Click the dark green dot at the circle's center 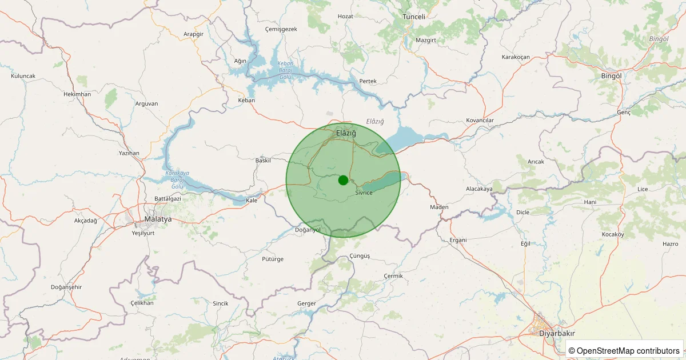pyautogui.click(x=343, y=180)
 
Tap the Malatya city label pyautogui.click(x=158, y=219)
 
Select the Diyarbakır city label pyautogui.click(x=557, y=334)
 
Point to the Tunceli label pyautogui.click(x=414, y=17)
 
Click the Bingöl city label pyautogui.click(x=611, y=75)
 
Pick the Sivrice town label pyautogui.click(x=364, y=193)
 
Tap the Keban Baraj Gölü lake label pyautogui.click(x=285, y=70)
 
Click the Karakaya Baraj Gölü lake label pyautogui.click(x=177, y=179)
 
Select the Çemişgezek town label pyautogui.click(x=281, y=29)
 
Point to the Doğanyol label pyautogui.click(x=308, y=230)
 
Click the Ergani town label pyautogui.click(x=458, y=239)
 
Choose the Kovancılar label pyautogui.click(x=480, y=121)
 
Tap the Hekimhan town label pyautogui.click(x=77, y=94)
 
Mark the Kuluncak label pyautogui.click(x=23, y=76)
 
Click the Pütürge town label pyautogui.click(x=272, y=259)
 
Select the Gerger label pyautogui.click(x=307, y=303)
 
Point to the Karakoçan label pyautogui.click(x=516, y=57)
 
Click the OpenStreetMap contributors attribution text pyautogui.click(x=624, y=350)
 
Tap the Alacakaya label pyautogui.click(x=479, y=189)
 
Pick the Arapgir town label pyautogui.click(x=193, y=34)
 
